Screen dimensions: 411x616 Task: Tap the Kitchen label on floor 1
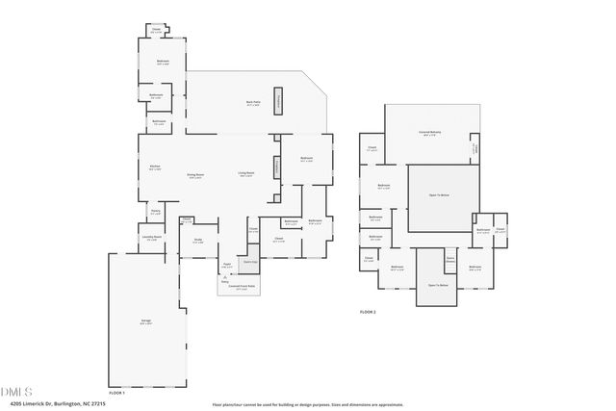click(155, 168)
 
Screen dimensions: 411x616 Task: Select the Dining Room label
click(193, 176)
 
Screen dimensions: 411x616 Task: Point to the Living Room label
click(246, 174)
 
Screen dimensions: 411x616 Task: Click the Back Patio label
click(253, 103)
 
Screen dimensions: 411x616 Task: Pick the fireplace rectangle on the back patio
click(279, 102)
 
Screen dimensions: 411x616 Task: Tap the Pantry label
click(155, 213)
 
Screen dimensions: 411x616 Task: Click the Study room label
click(197, 242)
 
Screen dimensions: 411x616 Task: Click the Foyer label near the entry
click(228, 266)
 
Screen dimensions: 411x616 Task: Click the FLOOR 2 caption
click(368, 312)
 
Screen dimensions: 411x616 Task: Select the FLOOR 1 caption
click(117, 393)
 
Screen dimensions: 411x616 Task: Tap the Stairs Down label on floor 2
click(449, 259)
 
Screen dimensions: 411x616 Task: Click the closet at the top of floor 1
click(156, 31)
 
